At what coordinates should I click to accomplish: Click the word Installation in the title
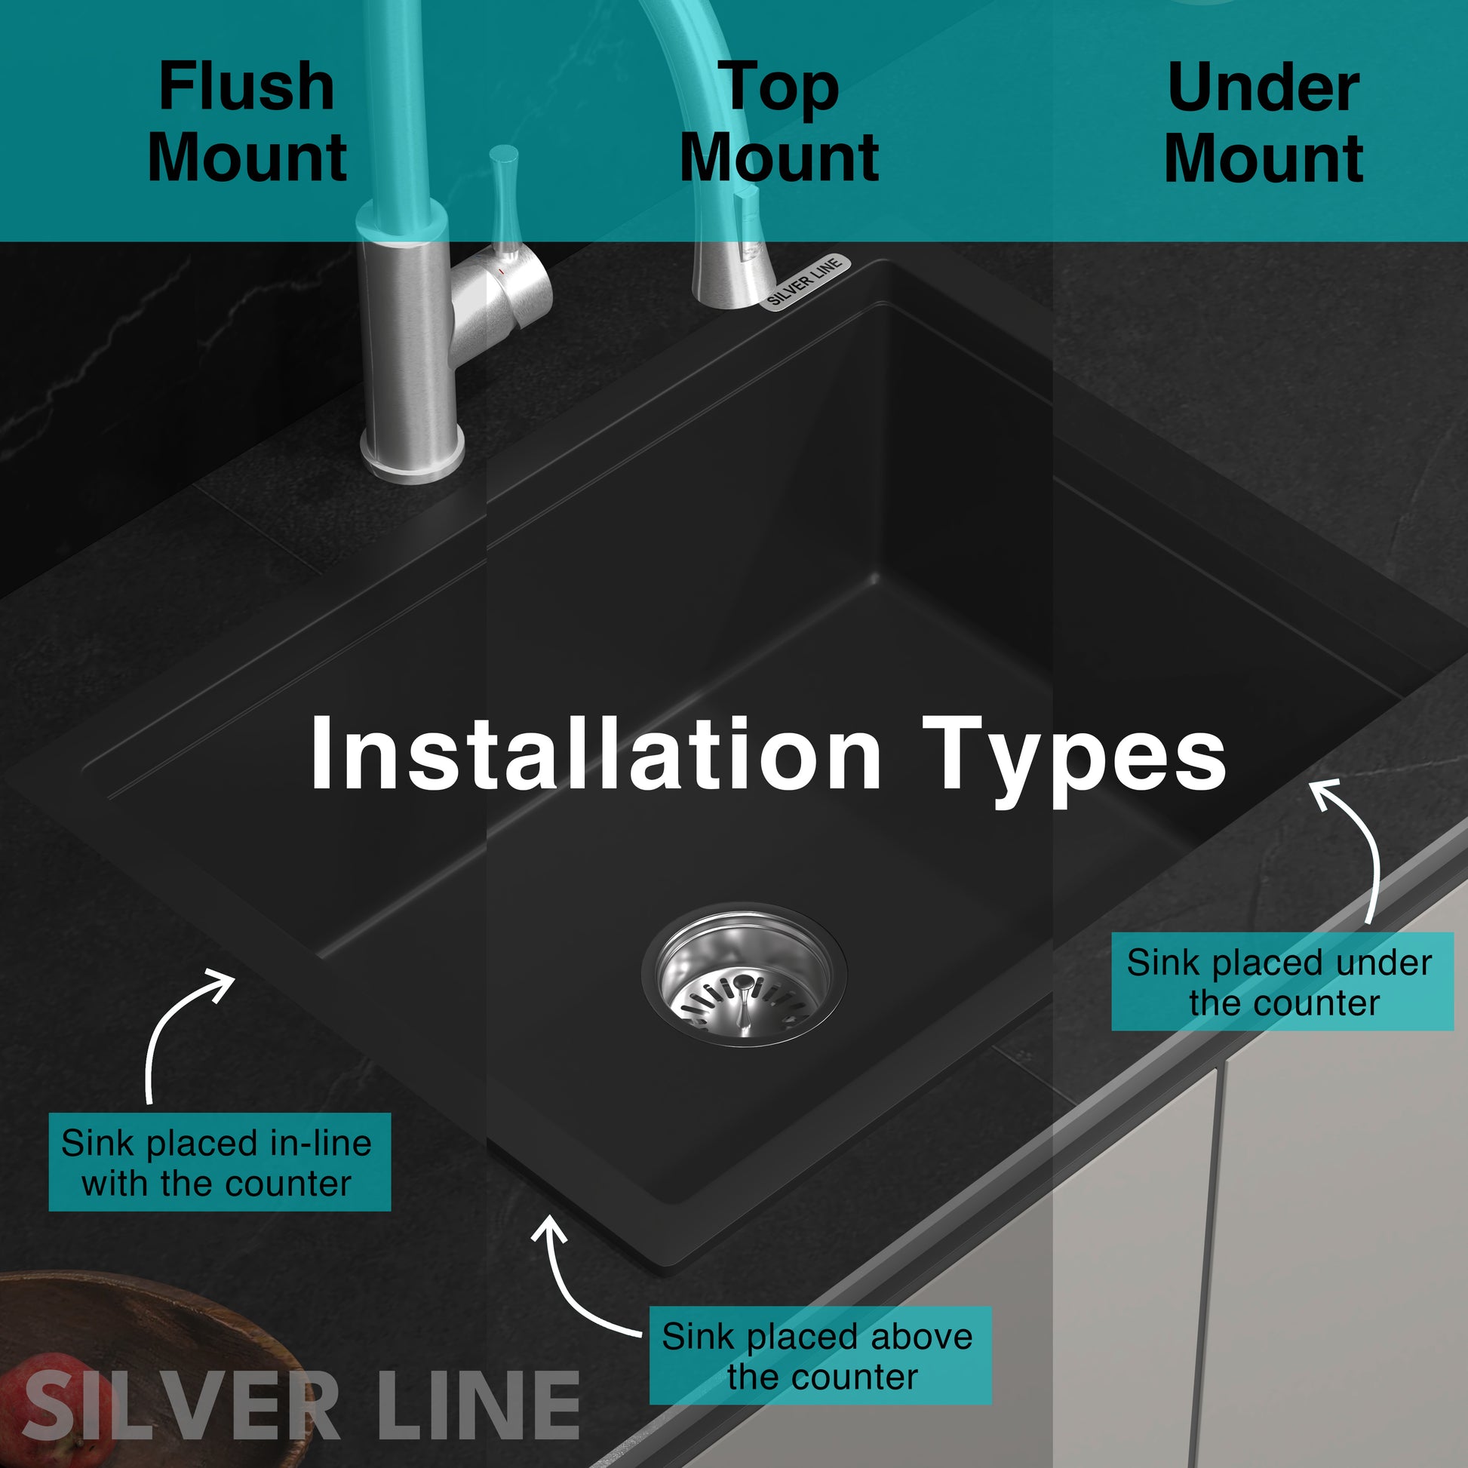pos(595,753)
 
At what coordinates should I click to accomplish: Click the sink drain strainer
pos(744,975)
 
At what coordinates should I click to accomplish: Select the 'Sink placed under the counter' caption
pos(1282,981)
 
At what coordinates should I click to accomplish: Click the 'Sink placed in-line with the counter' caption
pos(220,1162)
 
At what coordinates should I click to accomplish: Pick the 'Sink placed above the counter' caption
pos(821,1356)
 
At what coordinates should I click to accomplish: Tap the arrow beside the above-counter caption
pos(566,1291)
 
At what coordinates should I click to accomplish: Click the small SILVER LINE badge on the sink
pos(806,282)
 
